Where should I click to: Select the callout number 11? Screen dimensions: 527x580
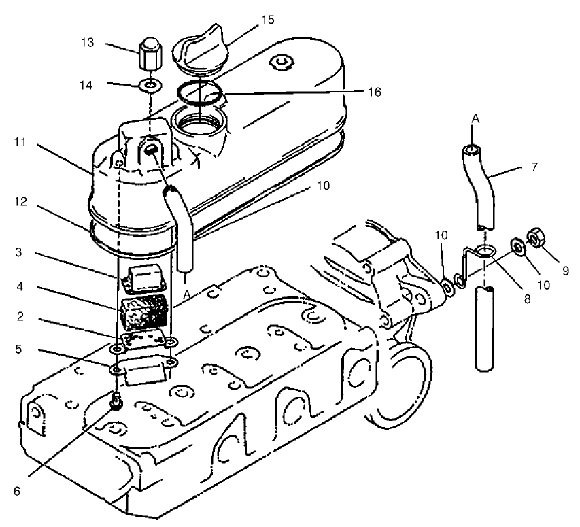(x=18, y=143)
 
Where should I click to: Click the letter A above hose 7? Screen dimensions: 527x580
(x=476, y=118)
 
